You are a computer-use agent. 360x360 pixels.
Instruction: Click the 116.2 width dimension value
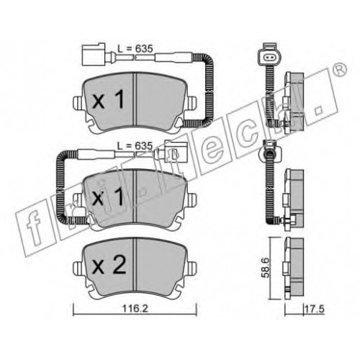[135, 309]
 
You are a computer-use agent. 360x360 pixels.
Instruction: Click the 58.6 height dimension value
[265, 268]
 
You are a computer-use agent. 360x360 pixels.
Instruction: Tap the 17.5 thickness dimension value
[314, 309]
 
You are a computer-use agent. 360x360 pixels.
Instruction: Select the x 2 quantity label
[109, 265]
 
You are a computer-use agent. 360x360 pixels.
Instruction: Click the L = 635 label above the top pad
[135, 49]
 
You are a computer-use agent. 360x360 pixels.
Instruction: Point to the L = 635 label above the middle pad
[135, 145]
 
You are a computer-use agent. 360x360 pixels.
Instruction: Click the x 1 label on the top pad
[108, 99]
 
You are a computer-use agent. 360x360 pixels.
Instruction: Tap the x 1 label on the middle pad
[108, 196]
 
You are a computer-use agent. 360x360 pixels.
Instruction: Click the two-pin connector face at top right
[269, 57]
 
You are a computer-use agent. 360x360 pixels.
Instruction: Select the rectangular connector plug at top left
[94, 54]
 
